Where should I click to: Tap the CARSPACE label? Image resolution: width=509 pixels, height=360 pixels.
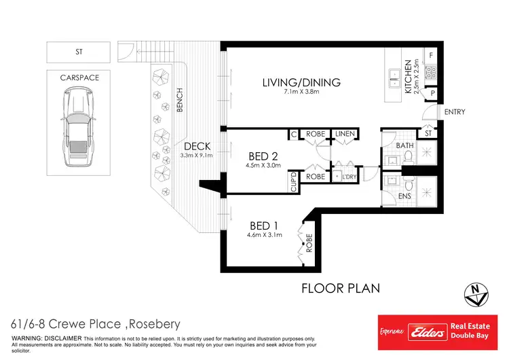tap(79, 77)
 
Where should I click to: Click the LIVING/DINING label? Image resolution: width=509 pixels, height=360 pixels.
tap(301, 83)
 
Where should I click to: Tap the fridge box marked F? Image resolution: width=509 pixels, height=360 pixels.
tap(430, 54)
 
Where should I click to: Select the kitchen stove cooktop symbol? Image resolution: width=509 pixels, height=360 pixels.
tap(429, 73)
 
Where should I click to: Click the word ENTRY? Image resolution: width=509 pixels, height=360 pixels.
tap(455, 111)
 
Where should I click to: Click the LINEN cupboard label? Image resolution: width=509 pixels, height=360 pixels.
tap(347, 134)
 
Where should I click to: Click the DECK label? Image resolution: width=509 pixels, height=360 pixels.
tap(197, 146)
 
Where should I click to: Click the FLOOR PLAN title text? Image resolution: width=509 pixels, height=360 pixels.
tap(340, 288)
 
